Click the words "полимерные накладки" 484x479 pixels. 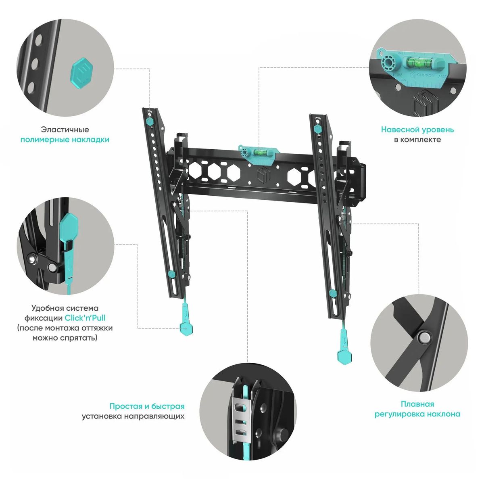(x=65, y=140)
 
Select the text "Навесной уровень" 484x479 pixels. (x=417, y=130)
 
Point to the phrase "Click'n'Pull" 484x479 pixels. (x=85, y=318)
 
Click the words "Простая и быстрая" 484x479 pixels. (x=147, y=406)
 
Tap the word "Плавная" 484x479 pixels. (x=417, y=404)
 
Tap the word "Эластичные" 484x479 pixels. (x=65, y=130)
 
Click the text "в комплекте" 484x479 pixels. (x=417, y=140)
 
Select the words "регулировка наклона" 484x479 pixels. (x=417, y=414)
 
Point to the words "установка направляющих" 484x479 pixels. (x=133, y=416)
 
